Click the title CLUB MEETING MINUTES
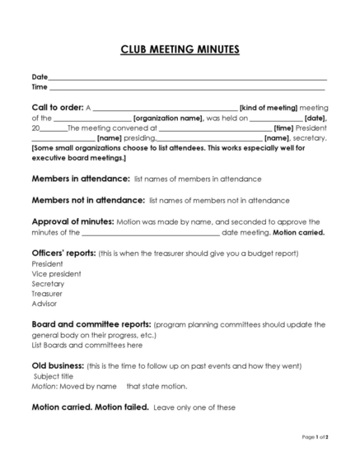(x=180, y=50)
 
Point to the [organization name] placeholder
(x=168, y=119)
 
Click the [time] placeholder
(x=283, y=128)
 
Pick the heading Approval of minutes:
(x=70, y=222)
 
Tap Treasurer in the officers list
(x=47, y=294)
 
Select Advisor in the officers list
(x=44, y=304)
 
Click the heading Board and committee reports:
(x=91, y=324)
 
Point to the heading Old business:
(x=58, y=365)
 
